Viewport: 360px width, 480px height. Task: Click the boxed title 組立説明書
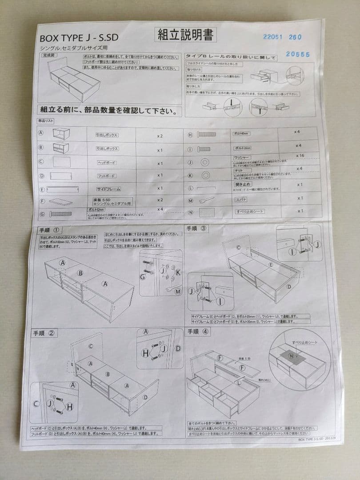tap(185, 35)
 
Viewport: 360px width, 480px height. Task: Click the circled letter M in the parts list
tap(190, 200)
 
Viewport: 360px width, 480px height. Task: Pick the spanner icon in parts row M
tap(208, 200)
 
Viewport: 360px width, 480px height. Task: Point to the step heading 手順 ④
tap(197, 331)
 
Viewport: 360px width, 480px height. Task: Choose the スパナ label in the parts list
tap(241, 200)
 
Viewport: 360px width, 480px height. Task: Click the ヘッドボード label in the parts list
tap(106, 163)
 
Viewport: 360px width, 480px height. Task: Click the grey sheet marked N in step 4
tap(291, 356)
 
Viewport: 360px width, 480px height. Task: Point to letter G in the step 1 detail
tap(143, 276)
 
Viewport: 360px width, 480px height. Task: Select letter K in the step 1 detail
tap(177, 272)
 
